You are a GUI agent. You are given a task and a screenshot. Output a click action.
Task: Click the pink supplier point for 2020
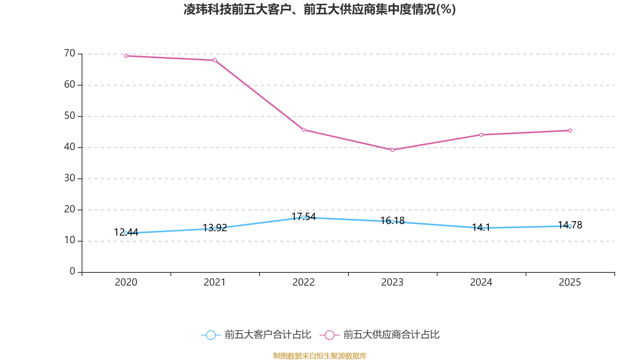[126, 56]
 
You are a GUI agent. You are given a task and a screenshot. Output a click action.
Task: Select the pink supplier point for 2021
[215, 60]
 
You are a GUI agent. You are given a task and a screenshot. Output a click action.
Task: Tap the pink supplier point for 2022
[304, 130]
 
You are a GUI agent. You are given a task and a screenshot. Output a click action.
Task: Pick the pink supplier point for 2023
[392, 150]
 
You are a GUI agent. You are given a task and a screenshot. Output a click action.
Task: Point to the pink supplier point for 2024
[481, 135]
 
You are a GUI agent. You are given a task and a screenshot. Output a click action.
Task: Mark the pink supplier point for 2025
[570, 130]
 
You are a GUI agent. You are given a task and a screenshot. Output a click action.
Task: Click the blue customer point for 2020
[126, 233]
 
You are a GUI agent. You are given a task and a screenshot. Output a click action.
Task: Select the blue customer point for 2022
[304, 217]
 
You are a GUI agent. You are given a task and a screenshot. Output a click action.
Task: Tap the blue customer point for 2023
[392, 222]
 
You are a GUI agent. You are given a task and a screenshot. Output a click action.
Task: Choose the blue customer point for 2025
[570, 226]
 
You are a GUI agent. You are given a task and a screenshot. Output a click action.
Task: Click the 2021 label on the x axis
[215, 282]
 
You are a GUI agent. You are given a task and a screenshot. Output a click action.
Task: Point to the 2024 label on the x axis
[481, 282]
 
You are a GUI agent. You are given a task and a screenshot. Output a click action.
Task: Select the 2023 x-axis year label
[392, 282]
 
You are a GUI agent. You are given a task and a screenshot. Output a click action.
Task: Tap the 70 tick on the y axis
[70, 53]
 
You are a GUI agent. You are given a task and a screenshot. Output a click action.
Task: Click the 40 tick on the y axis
[70, 147]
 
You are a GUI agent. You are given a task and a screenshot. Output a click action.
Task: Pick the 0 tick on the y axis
[72, 272]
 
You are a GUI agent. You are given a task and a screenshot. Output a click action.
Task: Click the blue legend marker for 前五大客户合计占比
[211, 335]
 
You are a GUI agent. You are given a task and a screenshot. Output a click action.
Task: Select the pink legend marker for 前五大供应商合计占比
[330, 335]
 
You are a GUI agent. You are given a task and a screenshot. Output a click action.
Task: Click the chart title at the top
[320, 9]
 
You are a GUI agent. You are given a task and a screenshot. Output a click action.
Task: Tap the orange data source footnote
[320, 356]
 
